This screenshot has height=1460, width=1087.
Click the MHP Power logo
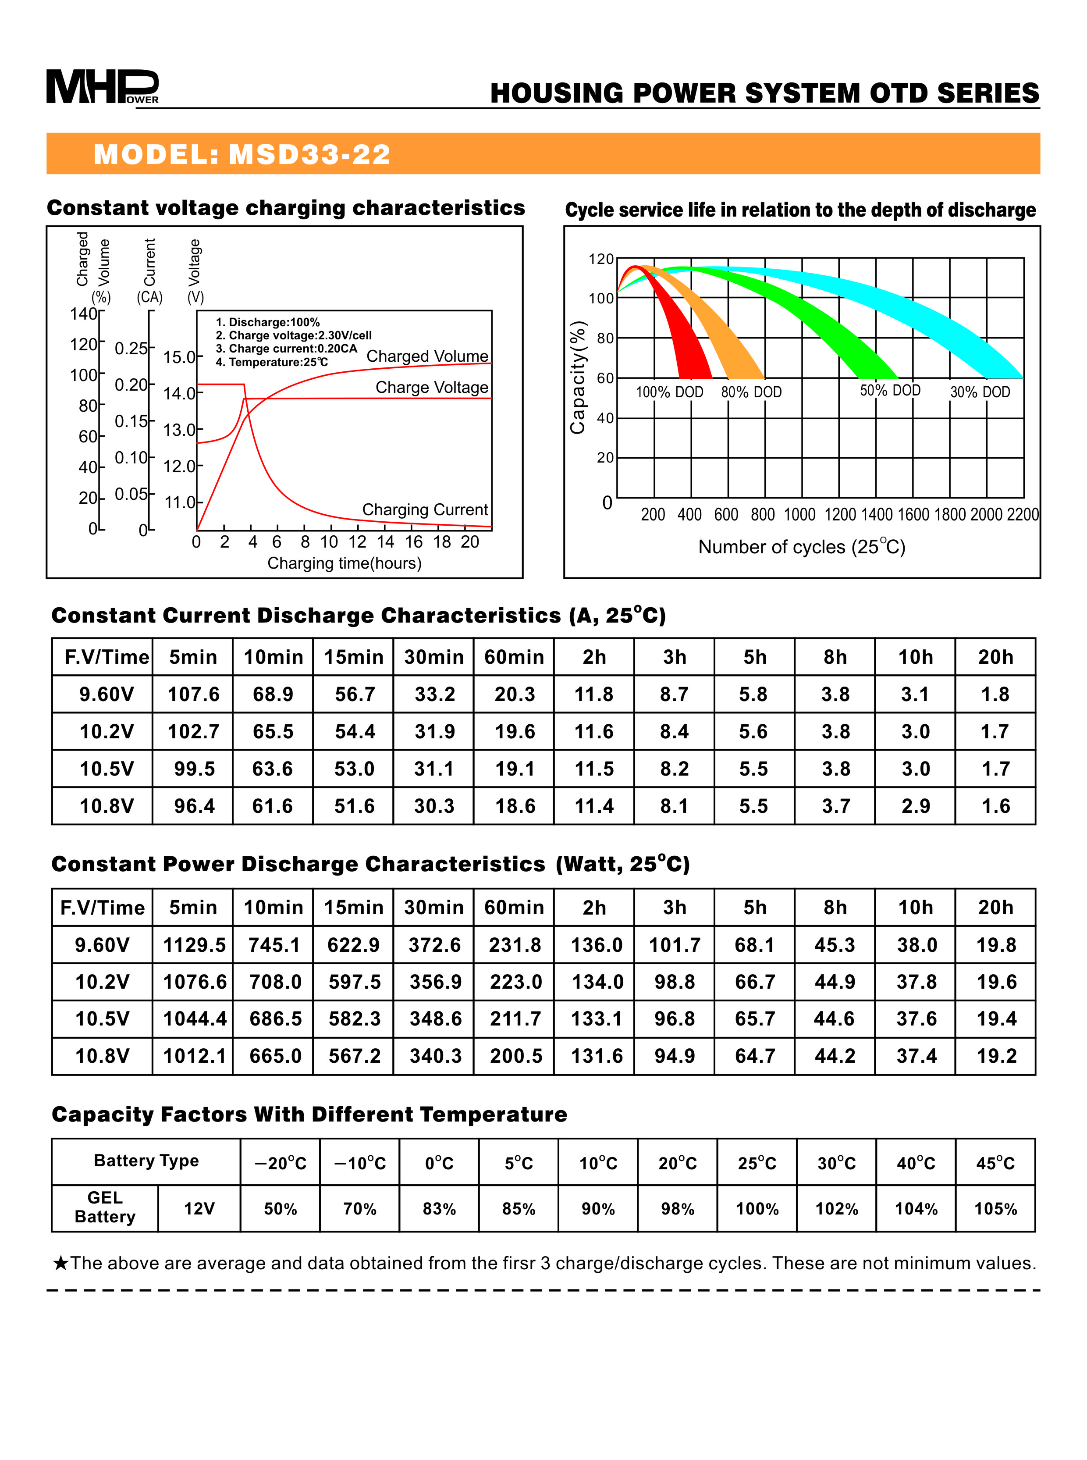click(x=102, y=86)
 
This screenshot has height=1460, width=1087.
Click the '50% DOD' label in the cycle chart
click(x=890, y=390)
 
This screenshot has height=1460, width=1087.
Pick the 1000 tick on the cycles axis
click(x=799, y=515)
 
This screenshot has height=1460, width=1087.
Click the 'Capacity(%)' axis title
click(x=578, y=377)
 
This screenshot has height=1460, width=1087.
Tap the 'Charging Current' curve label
click(x=425, y=509)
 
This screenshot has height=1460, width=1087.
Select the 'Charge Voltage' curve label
click(x=432, y=387)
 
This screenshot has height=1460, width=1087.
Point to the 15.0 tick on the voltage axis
click(x=179, y=357)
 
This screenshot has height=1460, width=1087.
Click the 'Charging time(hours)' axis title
click(x=344, y=563)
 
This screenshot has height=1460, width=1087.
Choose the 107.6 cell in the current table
click(x=193, y=694)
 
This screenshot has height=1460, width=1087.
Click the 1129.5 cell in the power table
click(x=194, y=945)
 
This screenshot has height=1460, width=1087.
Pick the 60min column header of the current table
click(x=514, y=657)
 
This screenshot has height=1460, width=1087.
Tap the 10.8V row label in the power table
click(x=102, y=1056)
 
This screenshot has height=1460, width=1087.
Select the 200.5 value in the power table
click(x=516, y=1056)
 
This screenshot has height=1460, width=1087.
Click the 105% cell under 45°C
click(x=995, y=1208)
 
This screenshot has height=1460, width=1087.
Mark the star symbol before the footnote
click(x=60, y=1263)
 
